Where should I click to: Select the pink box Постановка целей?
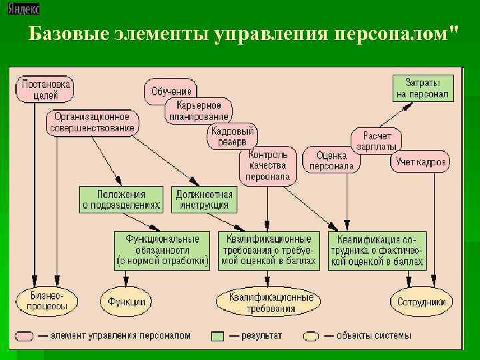[x=45, y=90]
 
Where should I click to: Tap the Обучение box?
[x=171, y=91]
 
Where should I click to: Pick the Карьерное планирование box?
[x=203, y=111]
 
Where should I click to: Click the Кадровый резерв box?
[x=233, y=137]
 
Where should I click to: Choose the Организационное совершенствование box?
[x=93, y=122]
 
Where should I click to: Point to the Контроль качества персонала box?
[x=267, y=165]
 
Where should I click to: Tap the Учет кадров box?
[x=422, y=161]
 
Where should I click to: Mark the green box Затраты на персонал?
[x=423, y=88]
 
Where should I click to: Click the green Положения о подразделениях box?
[x=121, y=199]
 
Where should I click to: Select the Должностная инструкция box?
[x=204, y=199]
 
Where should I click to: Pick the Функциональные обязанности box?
[x=162, y=250]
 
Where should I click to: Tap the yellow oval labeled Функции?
[x=123, y=301]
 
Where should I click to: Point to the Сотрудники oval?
[x=421, y=301]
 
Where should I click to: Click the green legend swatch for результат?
[x=217, y=335]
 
